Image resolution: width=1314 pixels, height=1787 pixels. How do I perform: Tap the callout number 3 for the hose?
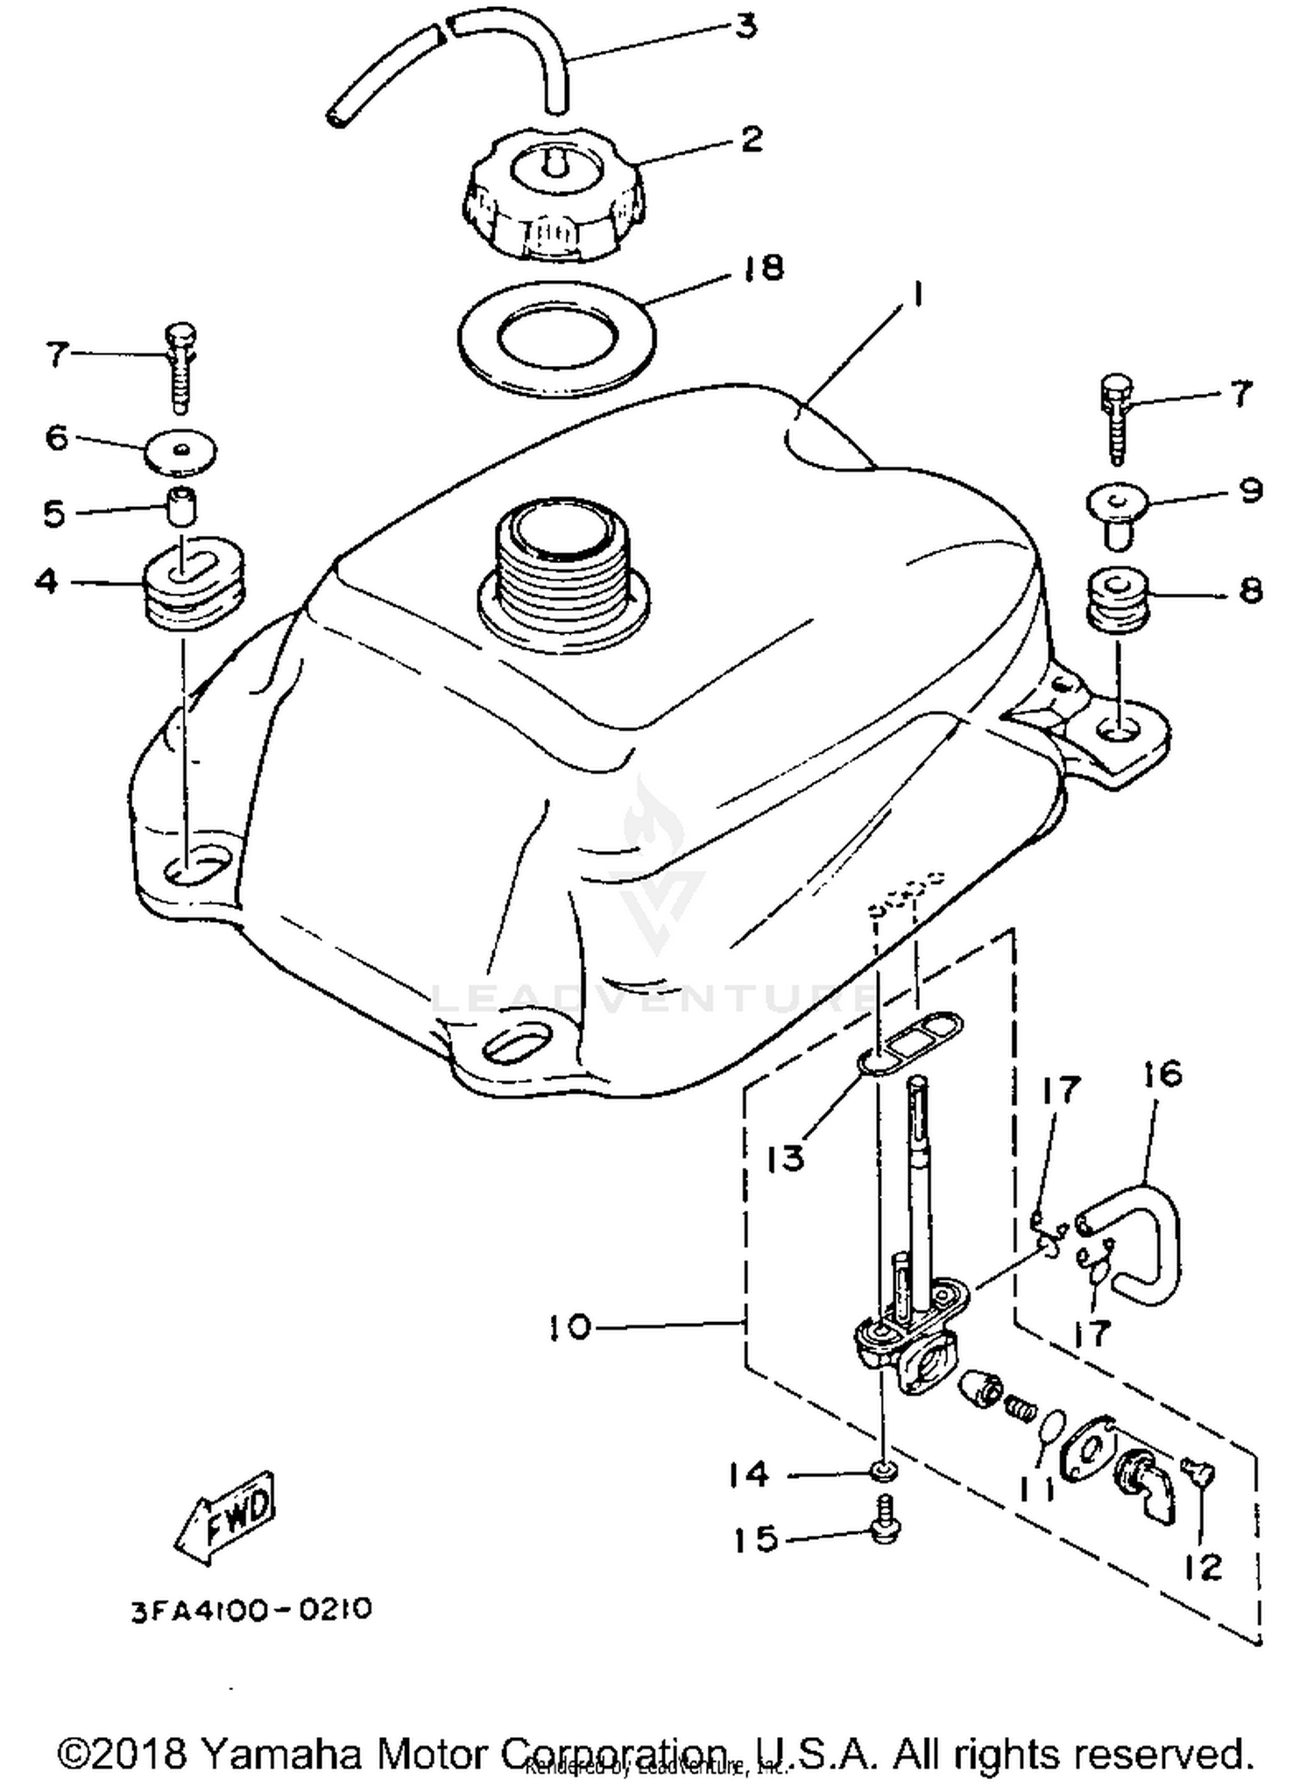[745, 26]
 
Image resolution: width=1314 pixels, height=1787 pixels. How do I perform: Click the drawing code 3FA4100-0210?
[251, 1609]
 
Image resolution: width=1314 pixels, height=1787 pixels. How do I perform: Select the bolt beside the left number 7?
[180, 368]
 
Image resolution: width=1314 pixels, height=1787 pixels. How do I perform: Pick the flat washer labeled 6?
[180, 451]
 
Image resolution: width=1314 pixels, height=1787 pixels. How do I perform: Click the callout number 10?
[571, 1326]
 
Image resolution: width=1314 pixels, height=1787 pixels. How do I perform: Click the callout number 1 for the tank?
[916, 296]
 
